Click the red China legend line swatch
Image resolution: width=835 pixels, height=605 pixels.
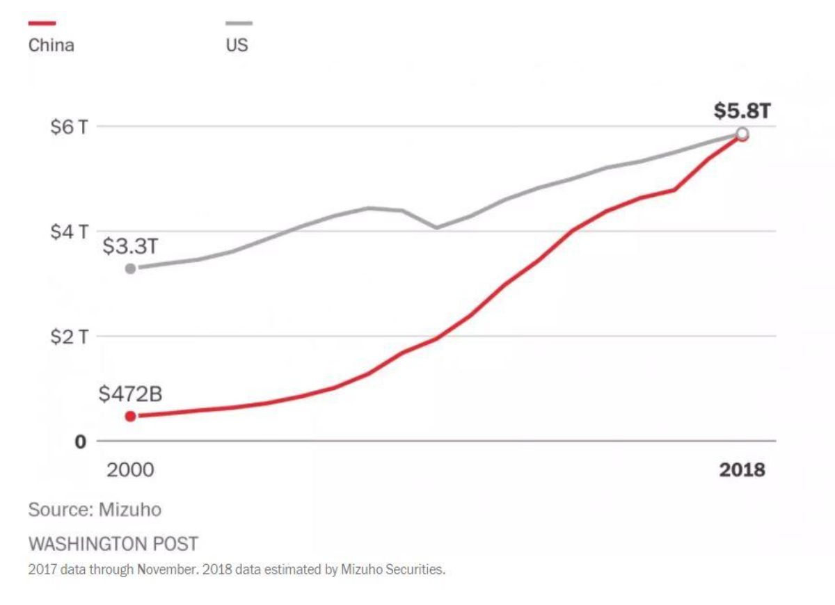(42, 23)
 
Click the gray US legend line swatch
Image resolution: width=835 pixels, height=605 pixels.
(239, 23)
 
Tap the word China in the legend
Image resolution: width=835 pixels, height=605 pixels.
(51, 46)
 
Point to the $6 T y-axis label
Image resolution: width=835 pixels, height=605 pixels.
(69, 127)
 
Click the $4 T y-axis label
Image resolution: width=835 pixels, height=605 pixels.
(69, 232)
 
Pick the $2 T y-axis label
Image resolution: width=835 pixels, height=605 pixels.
(69, 337)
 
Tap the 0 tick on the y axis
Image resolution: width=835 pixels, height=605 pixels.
(81, 442)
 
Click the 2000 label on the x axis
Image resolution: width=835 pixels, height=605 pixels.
(130, 469)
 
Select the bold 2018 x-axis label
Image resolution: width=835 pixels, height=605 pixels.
(742, 469)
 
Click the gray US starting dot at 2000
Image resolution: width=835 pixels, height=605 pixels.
(130, 268)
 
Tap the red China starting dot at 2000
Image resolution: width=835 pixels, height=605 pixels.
(130, 416)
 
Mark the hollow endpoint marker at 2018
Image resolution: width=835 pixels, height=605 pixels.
(742, 134)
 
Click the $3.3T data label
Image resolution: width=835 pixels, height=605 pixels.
(130, 246)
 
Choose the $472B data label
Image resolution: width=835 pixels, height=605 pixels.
(130, 394)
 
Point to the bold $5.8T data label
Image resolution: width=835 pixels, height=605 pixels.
(742, 111)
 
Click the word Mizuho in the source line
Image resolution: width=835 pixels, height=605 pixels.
(130, 510)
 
